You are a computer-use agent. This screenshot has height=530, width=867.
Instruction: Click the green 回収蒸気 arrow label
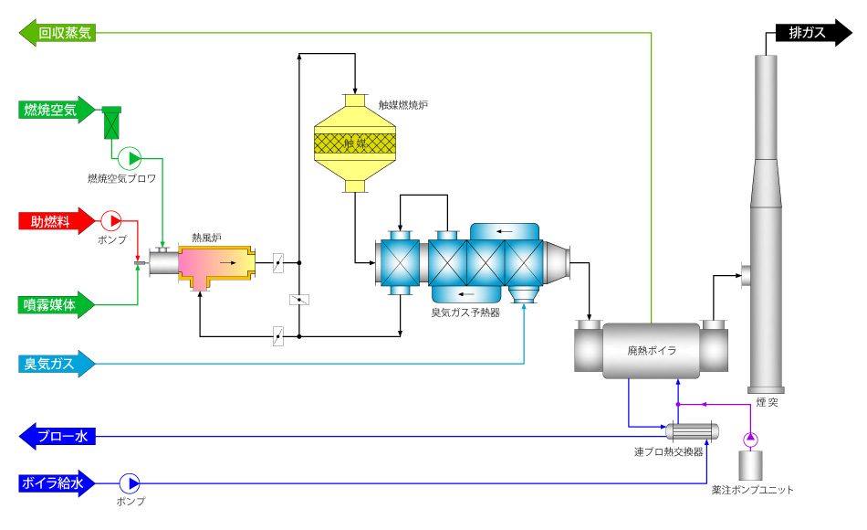57,33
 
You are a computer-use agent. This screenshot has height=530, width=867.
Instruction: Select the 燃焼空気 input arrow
57,110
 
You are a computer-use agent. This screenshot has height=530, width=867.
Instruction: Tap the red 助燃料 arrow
57,221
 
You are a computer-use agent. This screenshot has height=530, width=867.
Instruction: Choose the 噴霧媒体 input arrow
57,304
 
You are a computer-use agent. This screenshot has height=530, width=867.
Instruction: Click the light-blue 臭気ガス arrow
57,364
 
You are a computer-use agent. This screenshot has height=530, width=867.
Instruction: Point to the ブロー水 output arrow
57,437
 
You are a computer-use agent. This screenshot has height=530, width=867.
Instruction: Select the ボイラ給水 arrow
57,483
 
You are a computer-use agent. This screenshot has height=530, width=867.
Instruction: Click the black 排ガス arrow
814,33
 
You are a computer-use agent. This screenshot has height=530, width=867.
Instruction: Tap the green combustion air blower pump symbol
130,158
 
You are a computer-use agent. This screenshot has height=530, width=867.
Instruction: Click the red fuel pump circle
111,221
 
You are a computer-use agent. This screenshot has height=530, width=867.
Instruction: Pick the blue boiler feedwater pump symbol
130,483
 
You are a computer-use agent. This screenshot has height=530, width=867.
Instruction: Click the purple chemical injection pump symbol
750,440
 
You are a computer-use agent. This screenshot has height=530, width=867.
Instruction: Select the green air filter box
111,123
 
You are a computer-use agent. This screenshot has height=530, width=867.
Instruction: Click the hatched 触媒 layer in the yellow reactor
355,143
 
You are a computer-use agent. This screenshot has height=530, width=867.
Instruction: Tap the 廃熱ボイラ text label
652,350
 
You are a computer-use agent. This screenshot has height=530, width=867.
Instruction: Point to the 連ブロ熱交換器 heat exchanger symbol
693,431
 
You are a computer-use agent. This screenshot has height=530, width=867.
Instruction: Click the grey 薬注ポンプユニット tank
751,465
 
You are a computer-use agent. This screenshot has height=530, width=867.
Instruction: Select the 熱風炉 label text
207,238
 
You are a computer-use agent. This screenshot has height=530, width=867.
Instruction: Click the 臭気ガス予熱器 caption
465,313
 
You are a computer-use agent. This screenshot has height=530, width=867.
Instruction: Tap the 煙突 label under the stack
767,402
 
